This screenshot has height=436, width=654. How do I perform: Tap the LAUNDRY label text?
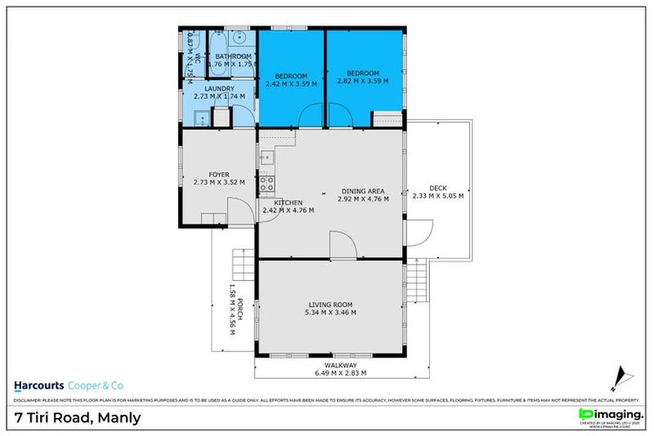pos(219,88)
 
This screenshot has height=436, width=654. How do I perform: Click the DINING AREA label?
pos(364,190)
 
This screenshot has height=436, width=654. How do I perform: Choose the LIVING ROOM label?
pos(330,304)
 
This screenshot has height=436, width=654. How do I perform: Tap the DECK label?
pos(438,187)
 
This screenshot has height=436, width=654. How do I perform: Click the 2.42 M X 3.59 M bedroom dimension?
pos(291,84)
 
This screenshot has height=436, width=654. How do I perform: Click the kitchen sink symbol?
pos(266,158)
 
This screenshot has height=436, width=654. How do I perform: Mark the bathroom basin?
pos(241,38)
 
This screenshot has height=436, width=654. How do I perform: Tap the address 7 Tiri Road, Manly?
pos(78,417)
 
